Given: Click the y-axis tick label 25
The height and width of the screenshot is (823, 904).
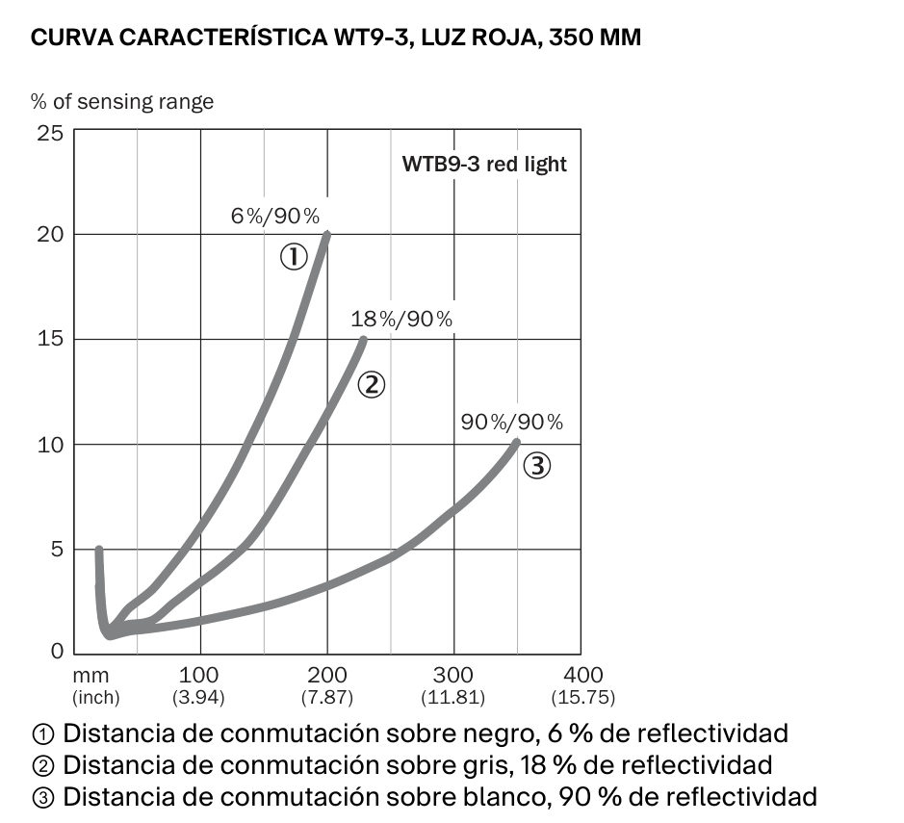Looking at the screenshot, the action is [x=50, y=133].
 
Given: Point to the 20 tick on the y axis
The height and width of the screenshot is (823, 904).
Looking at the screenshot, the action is [x=50, y=235].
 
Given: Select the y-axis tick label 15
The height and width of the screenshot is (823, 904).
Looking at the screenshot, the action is [x=50, y=338].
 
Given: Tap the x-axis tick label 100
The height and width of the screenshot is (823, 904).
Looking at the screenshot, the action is [x=198, y=675].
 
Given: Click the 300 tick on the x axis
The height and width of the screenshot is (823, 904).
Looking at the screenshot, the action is [x=453, y=675].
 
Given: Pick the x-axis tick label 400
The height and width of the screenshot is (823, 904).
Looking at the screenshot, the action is [x=583, y=675].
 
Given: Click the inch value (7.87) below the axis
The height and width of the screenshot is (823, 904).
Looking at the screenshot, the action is [x=327, y=697].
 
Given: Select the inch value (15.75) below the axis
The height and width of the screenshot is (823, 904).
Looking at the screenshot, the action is [x=583, y=697].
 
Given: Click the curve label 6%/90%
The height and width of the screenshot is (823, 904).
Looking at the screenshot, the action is [x=275, y=217].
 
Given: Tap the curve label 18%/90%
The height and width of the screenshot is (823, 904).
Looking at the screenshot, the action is [x=401, y=320].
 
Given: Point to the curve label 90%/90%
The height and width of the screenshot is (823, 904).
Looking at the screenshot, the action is [x=512, y=423].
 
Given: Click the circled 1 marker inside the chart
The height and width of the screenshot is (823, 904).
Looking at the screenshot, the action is [x=294, y=257].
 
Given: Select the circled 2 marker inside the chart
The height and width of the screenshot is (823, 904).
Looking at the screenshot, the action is [x=372, y=385].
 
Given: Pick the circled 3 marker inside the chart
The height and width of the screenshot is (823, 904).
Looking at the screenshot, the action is [x=537, y=466].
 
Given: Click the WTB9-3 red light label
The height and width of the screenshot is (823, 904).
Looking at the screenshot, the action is [x=484, y=165].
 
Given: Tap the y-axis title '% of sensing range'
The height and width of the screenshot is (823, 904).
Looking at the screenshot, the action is [x=122, y=102].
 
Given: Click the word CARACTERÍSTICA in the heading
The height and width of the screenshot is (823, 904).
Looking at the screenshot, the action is [x=223, y=37].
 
